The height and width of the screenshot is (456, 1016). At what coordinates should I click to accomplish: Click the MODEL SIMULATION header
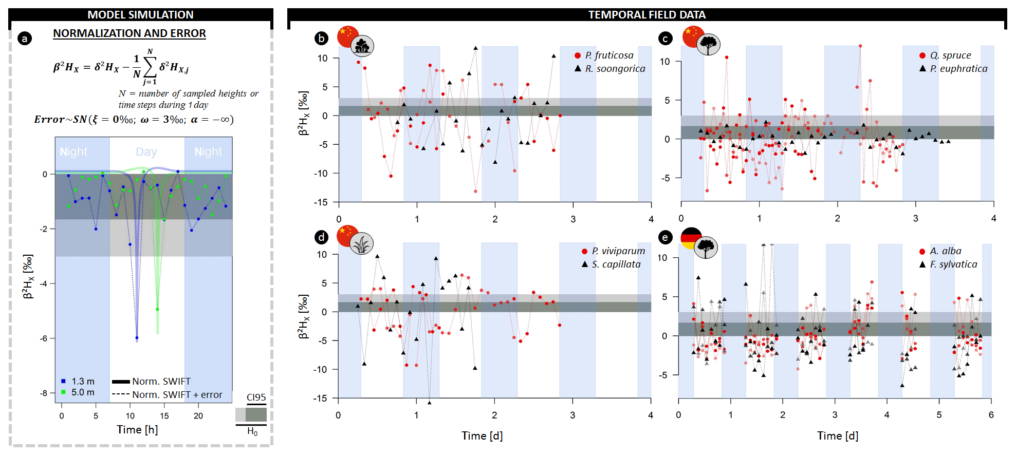coord(140,14)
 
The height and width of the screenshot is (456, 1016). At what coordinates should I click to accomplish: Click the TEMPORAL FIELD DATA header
coord(646,14)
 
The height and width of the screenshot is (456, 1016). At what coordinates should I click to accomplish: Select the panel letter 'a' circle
coord(24,38)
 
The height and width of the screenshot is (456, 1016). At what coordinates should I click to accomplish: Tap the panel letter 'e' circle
coord(665,237)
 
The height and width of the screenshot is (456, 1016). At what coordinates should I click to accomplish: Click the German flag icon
coord(690,237)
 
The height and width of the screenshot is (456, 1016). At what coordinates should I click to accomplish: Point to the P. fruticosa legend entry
coord(609,55)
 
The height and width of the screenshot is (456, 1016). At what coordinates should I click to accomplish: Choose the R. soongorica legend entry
coord(615,68)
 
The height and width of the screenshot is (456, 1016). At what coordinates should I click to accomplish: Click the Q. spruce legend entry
coord(950,55)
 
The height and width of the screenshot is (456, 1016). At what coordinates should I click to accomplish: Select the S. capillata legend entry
coord(616,264)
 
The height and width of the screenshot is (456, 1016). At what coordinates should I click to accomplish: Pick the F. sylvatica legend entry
coord(953,264)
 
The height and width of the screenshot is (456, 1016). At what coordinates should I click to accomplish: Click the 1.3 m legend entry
coord(82,381)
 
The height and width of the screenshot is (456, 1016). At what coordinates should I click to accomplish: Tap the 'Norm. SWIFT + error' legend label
coord(177,394)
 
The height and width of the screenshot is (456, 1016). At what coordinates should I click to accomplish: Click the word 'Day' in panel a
coord(146,151)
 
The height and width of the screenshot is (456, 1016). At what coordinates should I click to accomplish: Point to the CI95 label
coord(256,397)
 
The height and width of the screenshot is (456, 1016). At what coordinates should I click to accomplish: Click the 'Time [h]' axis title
coord(137,429)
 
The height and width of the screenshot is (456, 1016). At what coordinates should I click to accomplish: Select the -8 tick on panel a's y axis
coord(44,393)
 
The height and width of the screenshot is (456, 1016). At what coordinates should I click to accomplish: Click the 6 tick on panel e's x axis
coord(991,414)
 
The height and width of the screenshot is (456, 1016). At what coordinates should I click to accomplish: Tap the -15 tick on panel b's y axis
coord(321,202)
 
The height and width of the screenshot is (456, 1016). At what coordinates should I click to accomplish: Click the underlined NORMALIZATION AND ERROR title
coord(130,33)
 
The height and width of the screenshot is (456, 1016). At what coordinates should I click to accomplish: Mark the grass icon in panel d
coord(361,243)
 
